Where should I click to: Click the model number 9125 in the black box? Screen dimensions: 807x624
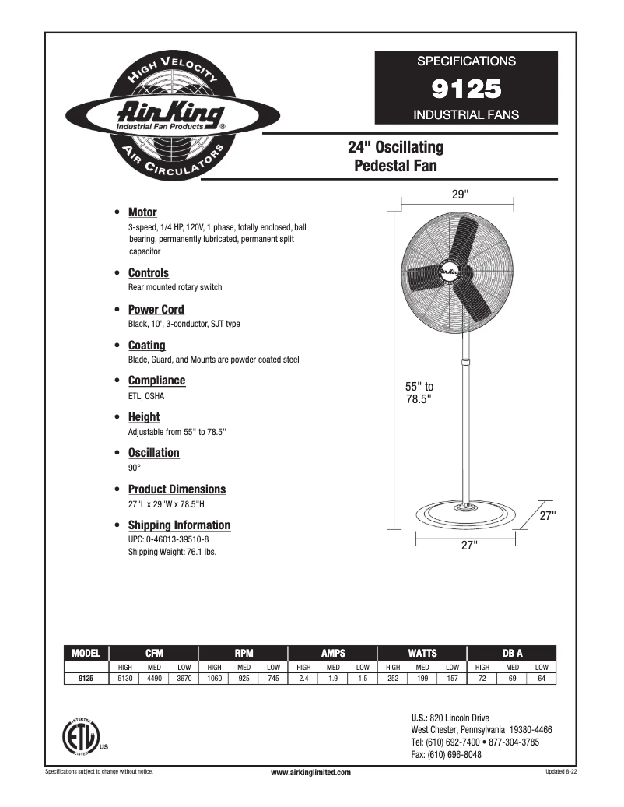click(466, 89)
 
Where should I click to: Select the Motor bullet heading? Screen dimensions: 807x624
click(142, 212)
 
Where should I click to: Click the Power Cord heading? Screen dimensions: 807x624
click(156, 310)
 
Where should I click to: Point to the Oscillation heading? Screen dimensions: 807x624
click(153, 453)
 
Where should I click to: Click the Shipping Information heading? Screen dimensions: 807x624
click(179, 525)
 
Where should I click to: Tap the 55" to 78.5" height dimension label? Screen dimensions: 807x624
click(419, 392)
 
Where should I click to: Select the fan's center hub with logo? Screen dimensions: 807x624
click(450, 271)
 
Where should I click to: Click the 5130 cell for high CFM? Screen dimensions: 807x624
click(124, 679)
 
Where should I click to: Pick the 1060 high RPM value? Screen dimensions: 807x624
click(214, 679)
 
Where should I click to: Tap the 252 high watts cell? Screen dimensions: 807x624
click(393, 679)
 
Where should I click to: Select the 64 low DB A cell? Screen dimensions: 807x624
click(542, 679)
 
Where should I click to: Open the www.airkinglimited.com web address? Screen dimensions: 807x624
click(310, 772)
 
